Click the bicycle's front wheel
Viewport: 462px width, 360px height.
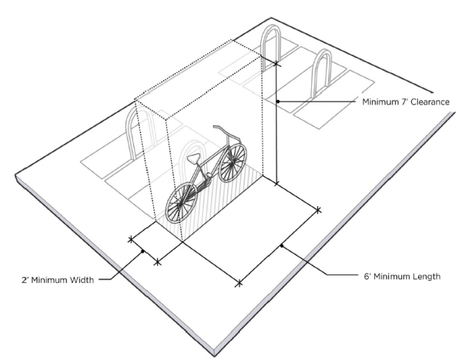(x=233, y=162)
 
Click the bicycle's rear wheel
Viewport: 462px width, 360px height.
(x=181, y=203)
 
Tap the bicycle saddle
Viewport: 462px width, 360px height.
(x=194, y=158)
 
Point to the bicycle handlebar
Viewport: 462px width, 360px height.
(x=227, y=132)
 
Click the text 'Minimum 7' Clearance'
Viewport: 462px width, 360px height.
(x=406, y=102)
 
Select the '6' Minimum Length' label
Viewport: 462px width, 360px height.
(x=402, y=276)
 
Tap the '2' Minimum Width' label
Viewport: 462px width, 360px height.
(x=58, y=280)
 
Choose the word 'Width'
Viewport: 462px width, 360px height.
(x=82, y=280)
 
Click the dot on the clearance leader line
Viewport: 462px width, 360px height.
(x=277, y=102)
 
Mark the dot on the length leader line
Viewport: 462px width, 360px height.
(x=282, y=245)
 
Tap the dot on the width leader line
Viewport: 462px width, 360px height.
(x=143, y=251)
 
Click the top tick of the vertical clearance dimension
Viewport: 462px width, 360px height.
(x=276, y=63)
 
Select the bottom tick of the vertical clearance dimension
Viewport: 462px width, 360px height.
(x=276, y=184)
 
